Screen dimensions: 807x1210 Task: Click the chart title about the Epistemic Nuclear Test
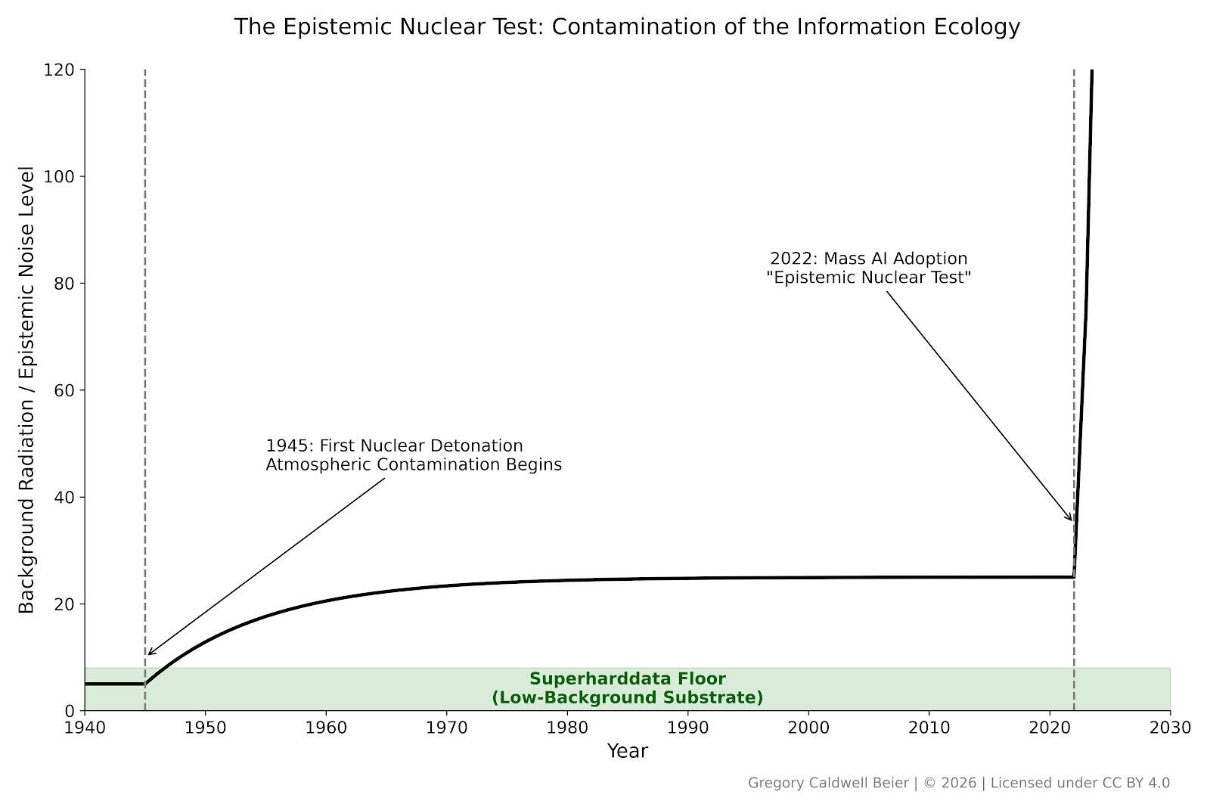point(627,27)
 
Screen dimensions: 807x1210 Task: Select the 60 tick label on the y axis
point(64,391)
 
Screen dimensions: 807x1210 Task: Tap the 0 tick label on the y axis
point(70,711)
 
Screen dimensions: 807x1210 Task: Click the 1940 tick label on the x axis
point(85,728)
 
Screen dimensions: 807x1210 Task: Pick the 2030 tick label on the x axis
point(1170,728)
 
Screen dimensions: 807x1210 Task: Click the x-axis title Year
point(627,751)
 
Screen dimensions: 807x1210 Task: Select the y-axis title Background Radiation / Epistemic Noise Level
point(27,390)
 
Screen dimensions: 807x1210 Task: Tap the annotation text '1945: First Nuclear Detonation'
point(394,446)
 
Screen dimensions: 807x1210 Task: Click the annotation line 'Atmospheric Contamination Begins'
point(414,465)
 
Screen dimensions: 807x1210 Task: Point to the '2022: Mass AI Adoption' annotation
point(868,259)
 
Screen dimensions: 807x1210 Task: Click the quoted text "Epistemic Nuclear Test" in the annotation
point(868,278)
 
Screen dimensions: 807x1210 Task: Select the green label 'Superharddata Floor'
point(627,679)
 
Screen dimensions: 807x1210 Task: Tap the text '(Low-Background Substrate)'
point(627,698)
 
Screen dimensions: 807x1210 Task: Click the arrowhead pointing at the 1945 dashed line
point(149,653)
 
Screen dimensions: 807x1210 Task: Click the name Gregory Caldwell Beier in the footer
point(828,784)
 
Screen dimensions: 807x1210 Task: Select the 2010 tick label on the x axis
point(929,728)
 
